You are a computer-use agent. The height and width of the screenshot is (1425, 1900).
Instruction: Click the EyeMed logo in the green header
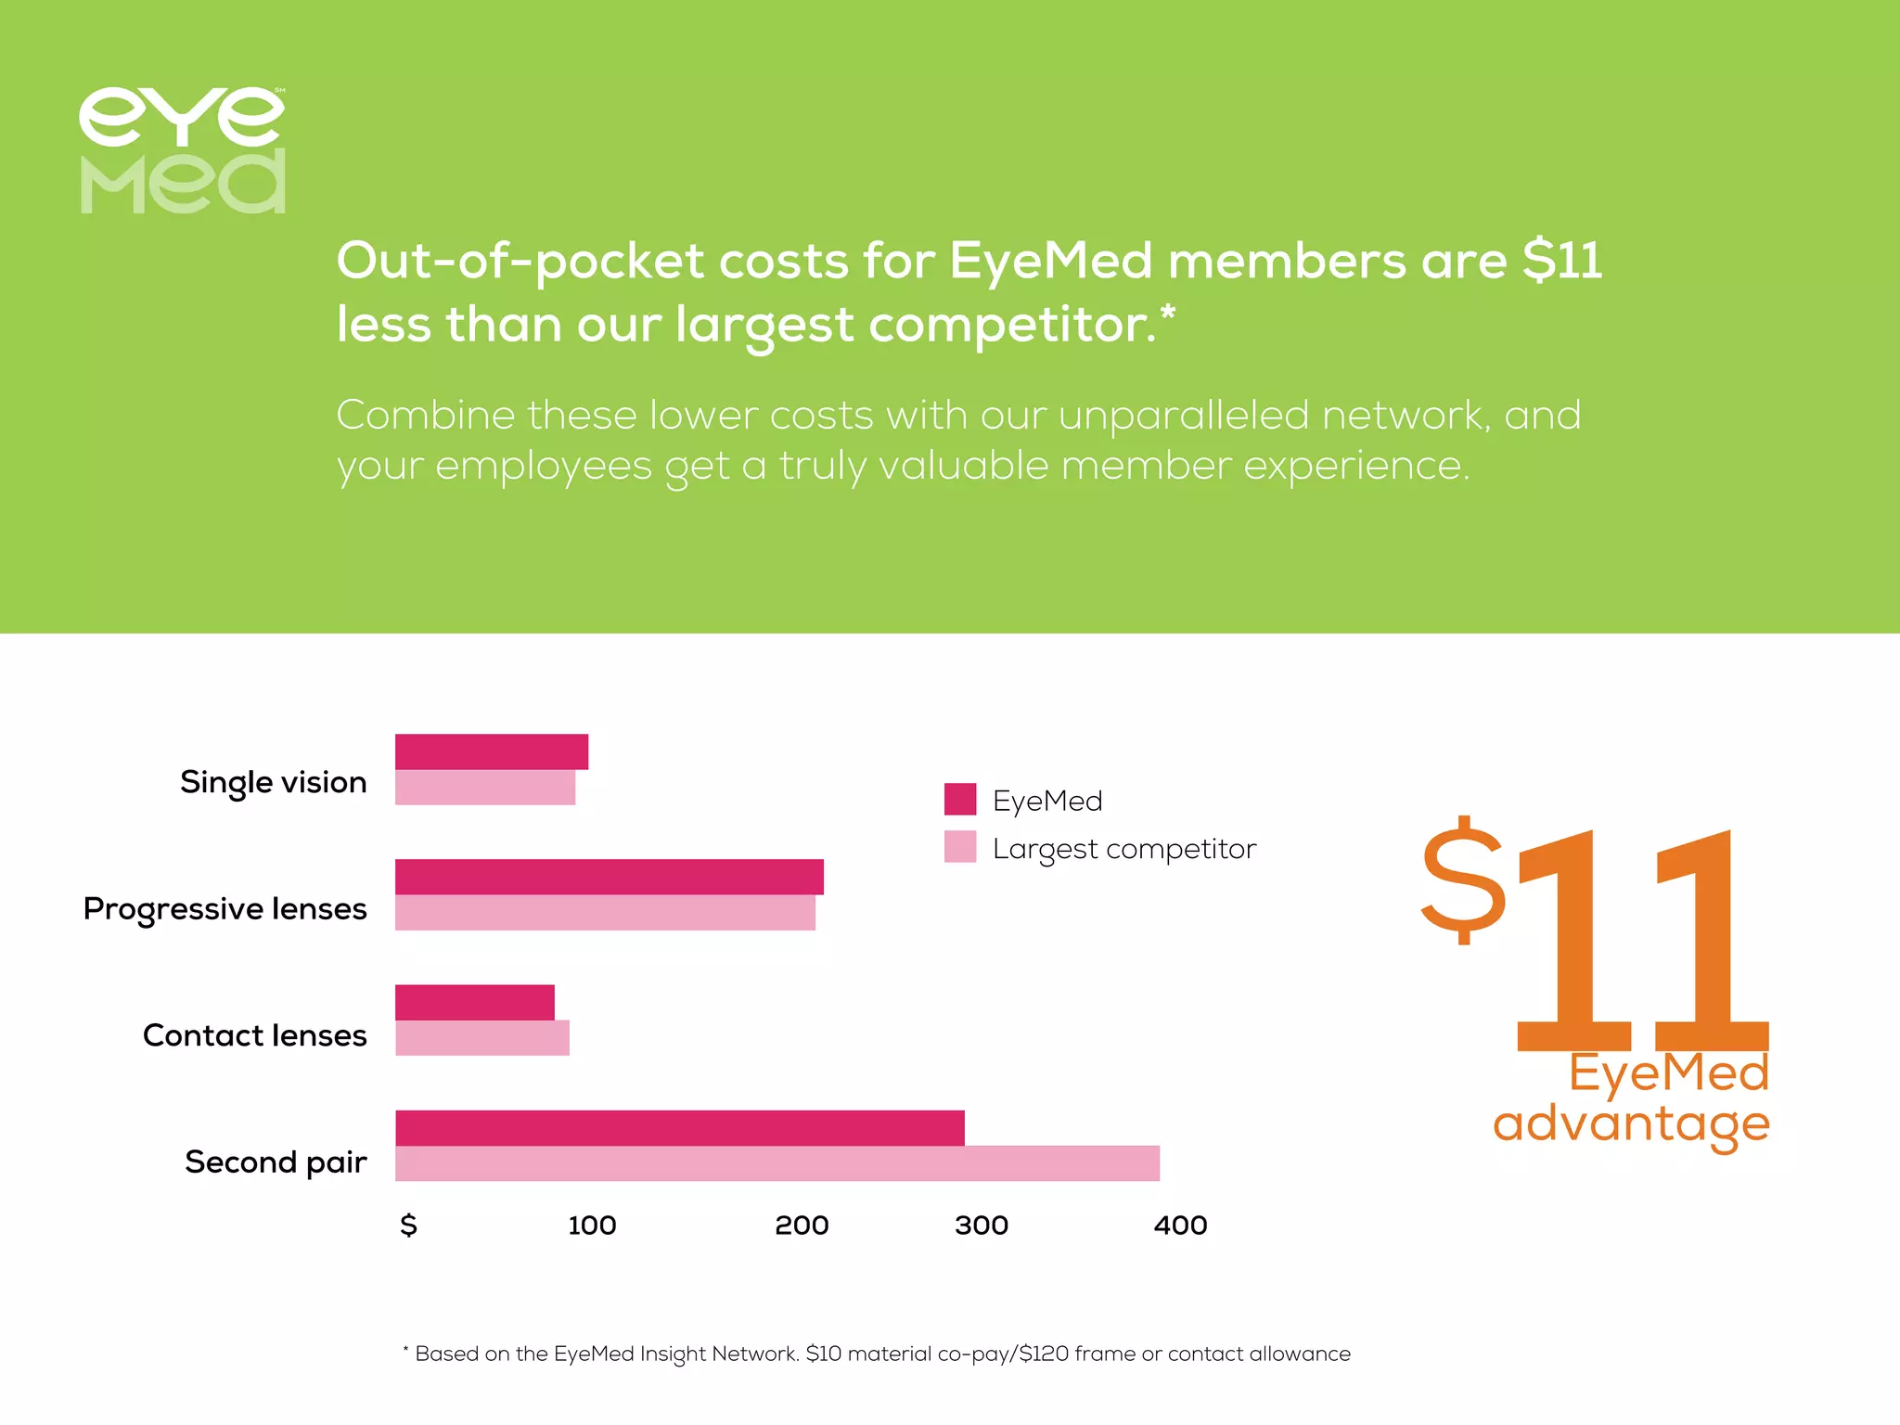[x=183, y=151]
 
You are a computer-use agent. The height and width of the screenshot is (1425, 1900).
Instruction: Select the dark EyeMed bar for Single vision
[x=491, y=751]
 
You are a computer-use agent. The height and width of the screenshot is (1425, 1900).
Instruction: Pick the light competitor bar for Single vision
[x=484, y=788]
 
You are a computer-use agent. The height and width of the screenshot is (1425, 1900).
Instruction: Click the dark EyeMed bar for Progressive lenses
[x=609, y=877]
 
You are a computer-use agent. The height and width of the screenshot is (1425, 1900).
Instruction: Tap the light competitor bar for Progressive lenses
[x=605, y=913]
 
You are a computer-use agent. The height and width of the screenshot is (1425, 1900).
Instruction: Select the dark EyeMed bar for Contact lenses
[x=474, y=1002]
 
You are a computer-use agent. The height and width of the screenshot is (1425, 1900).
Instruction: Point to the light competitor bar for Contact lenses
[x=481, y=1038]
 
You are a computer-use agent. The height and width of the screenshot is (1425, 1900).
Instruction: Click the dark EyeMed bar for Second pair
[x=679, y=1128]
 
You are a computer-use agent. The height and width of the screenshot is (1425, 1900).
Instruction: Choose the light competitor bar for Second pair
[x=777, y=1163]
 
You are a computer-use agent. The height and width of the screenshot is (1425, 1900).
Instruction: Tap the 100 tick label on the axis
[x=592, y=1226]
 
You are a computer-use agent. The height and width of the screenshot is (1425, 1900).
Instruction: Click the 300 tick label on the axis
[x=982, y=1226]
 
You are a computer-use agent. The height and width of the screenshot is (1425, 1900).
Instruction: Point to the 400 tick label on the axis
[x=1180, y=1226]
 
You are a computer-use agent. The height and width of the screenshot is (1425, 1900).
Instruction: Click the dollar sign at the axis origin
[x=408, y=1226]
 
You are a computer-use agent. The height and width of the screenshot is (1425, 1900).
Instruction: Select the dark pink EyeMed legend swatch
[x=960, y=799]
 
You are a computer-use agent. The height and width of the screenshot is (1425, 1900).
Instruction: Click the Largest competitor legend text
[x=1123, y=849]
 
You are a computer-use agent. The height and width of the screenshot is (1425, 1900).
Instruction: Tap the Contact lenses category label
[x=254, y=1035]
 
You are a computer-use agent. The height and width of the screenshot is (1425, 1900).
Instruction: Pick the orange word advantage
[x=1631, y=1124]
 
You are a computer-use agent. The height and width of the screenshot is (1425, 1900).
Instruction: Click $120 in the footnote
[x=1044, y=1354]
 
